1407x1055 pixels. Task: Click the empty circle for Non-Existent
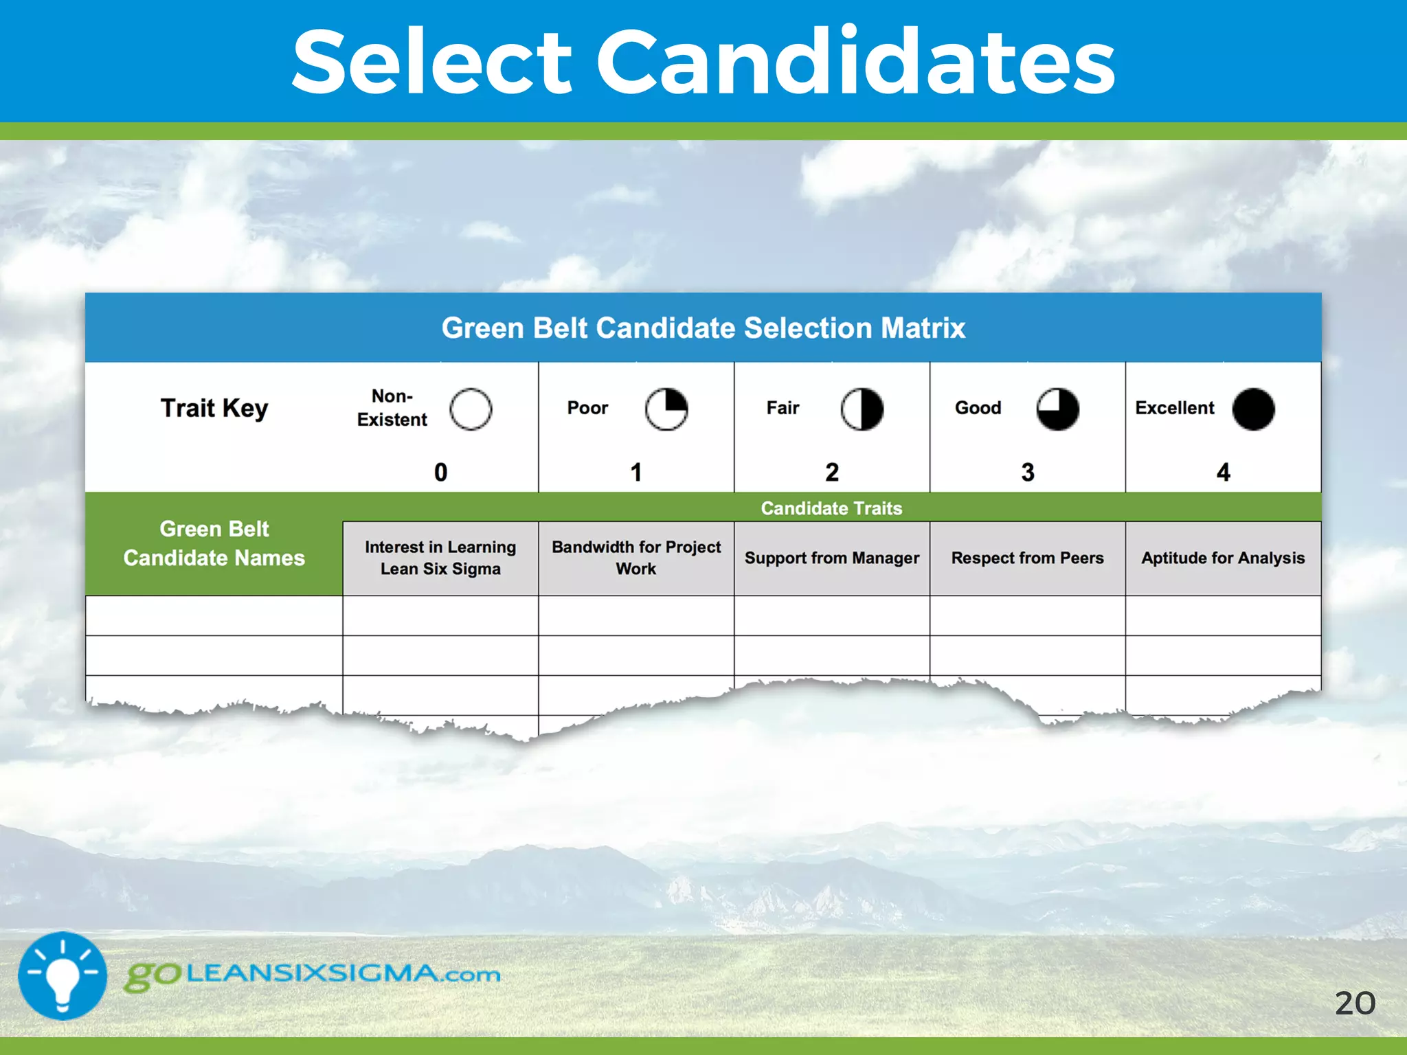pos(471,409)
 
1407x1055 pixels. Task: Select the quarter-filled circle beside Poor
pos(666,409)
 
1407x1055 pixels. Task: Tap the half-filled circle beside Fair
pos(862,409)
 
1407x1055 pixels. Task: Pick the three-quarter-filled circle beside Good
pos(1057,409)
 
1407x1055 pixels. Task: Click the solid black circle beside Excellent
pos(1253,409)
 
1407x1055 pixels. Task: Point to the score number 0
pos(440,473)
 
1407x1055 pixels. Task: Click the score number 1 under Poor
pos(636,473)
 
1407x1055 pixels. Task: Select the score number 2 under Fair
pos(832,473)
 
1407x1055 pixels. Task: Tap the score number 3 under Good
pos(1028,473)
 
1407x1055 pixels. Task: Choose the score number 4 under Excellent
pos(1223,473)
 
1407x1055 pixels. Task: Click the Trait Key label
pos(214,408)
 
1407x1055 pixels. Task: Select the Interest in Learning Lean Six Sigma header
pos(440,558)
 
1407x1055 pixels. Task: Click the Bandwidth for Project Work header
pos(636,558)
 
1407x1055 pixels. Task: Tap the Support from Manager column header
pos(832,558)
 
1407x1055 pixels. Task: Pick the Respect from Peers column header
pos(1027,558)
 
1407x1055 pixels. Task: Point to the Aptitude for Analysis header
pos(1223,558)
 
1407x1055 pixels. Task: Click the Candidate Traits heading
pos(831,508)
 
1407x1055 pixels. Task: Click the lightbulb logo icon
pos(63,975)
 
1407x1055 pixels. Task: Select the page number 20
pos(1355,1003)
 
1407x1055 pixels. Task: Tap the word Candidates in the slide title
pos(855,62)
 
